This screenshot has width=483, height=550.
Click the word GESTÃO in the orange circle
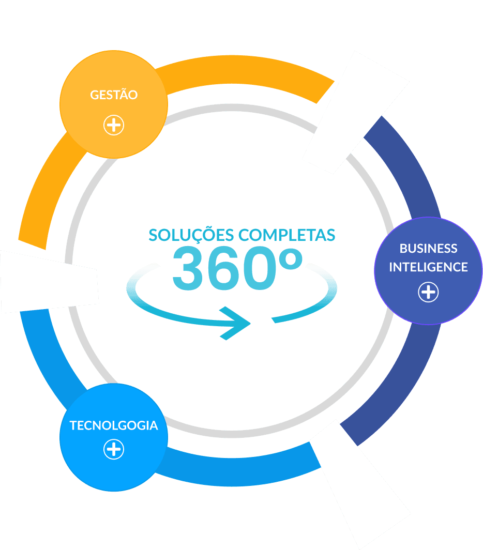[114, 95]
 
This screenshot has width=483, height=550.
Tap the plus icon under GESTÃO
[114, 125]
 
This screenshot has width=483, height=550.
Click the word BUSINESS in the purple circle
[428, 249]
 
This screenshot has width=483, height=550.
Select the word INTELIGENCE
[428, 267]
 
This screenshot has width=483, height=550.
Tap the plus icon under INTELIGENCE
[428, 292]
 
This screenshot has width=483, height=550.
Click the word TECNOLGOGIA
[114, 425]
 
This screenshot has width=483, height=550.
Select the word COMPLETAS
[286, 235]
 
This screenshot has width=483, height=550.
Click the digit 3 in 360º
[190, 269]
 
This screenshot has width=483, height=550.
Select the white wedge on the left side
[49, 282]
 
